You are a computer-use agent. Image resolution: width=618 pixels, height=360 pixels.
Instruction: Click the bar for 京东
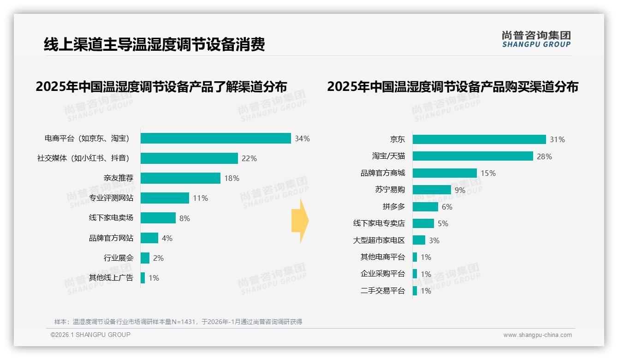(479, 139)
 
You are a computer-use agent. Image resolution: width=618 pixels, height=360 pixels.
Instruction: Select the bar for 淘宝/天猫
(473, 156)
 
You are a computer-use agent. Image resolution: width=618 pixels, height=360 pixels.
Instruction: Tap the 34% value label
(303, 138)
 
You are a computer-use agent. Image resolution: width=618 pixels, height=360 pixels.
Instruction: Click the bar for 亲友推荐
(180, 178)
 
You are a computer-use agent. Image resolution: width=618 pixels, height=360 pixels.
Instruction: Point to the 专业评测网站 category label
(111, 198)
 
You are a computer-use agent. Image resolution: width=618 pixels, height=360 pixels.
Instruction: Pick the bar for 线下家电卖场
(158, 218)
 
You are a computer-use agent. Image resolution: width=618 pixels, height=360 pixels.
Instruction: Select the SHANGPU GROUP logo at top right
(536, 39)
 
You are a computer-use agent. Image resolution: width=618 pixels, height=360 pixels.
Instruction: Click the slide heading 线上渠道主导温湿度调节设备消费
(154, 44)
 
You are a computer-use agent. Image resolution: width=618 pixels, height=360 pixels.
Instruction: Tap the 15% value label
(488, 173)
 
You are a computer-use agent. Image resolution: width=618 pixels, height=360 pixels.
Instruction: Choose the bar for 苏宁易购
(432, 190)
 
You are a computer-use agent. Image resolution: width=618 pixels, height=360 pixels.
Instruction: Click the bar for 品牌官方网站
(149, 238)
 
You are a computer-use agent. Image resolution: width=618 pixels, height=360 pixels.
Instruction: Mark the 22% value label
(249, 158)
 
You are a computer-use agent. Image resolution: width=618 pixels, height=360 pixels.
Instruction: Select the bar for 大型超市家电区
(419, 240)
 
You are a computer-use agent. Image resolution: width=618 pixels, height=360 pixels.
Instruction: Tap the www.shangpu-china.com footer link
(537, 335)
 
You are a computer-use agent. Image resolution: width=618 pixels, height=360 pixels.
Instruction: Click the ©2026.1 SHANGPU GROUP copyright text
(90, 335)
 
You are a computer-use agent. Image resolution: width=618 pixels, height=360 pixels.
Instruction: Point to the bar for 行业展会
(145, 258)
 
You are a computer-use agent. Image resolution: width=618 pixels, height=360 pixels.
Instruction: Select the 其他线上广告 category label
(111, 278)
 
